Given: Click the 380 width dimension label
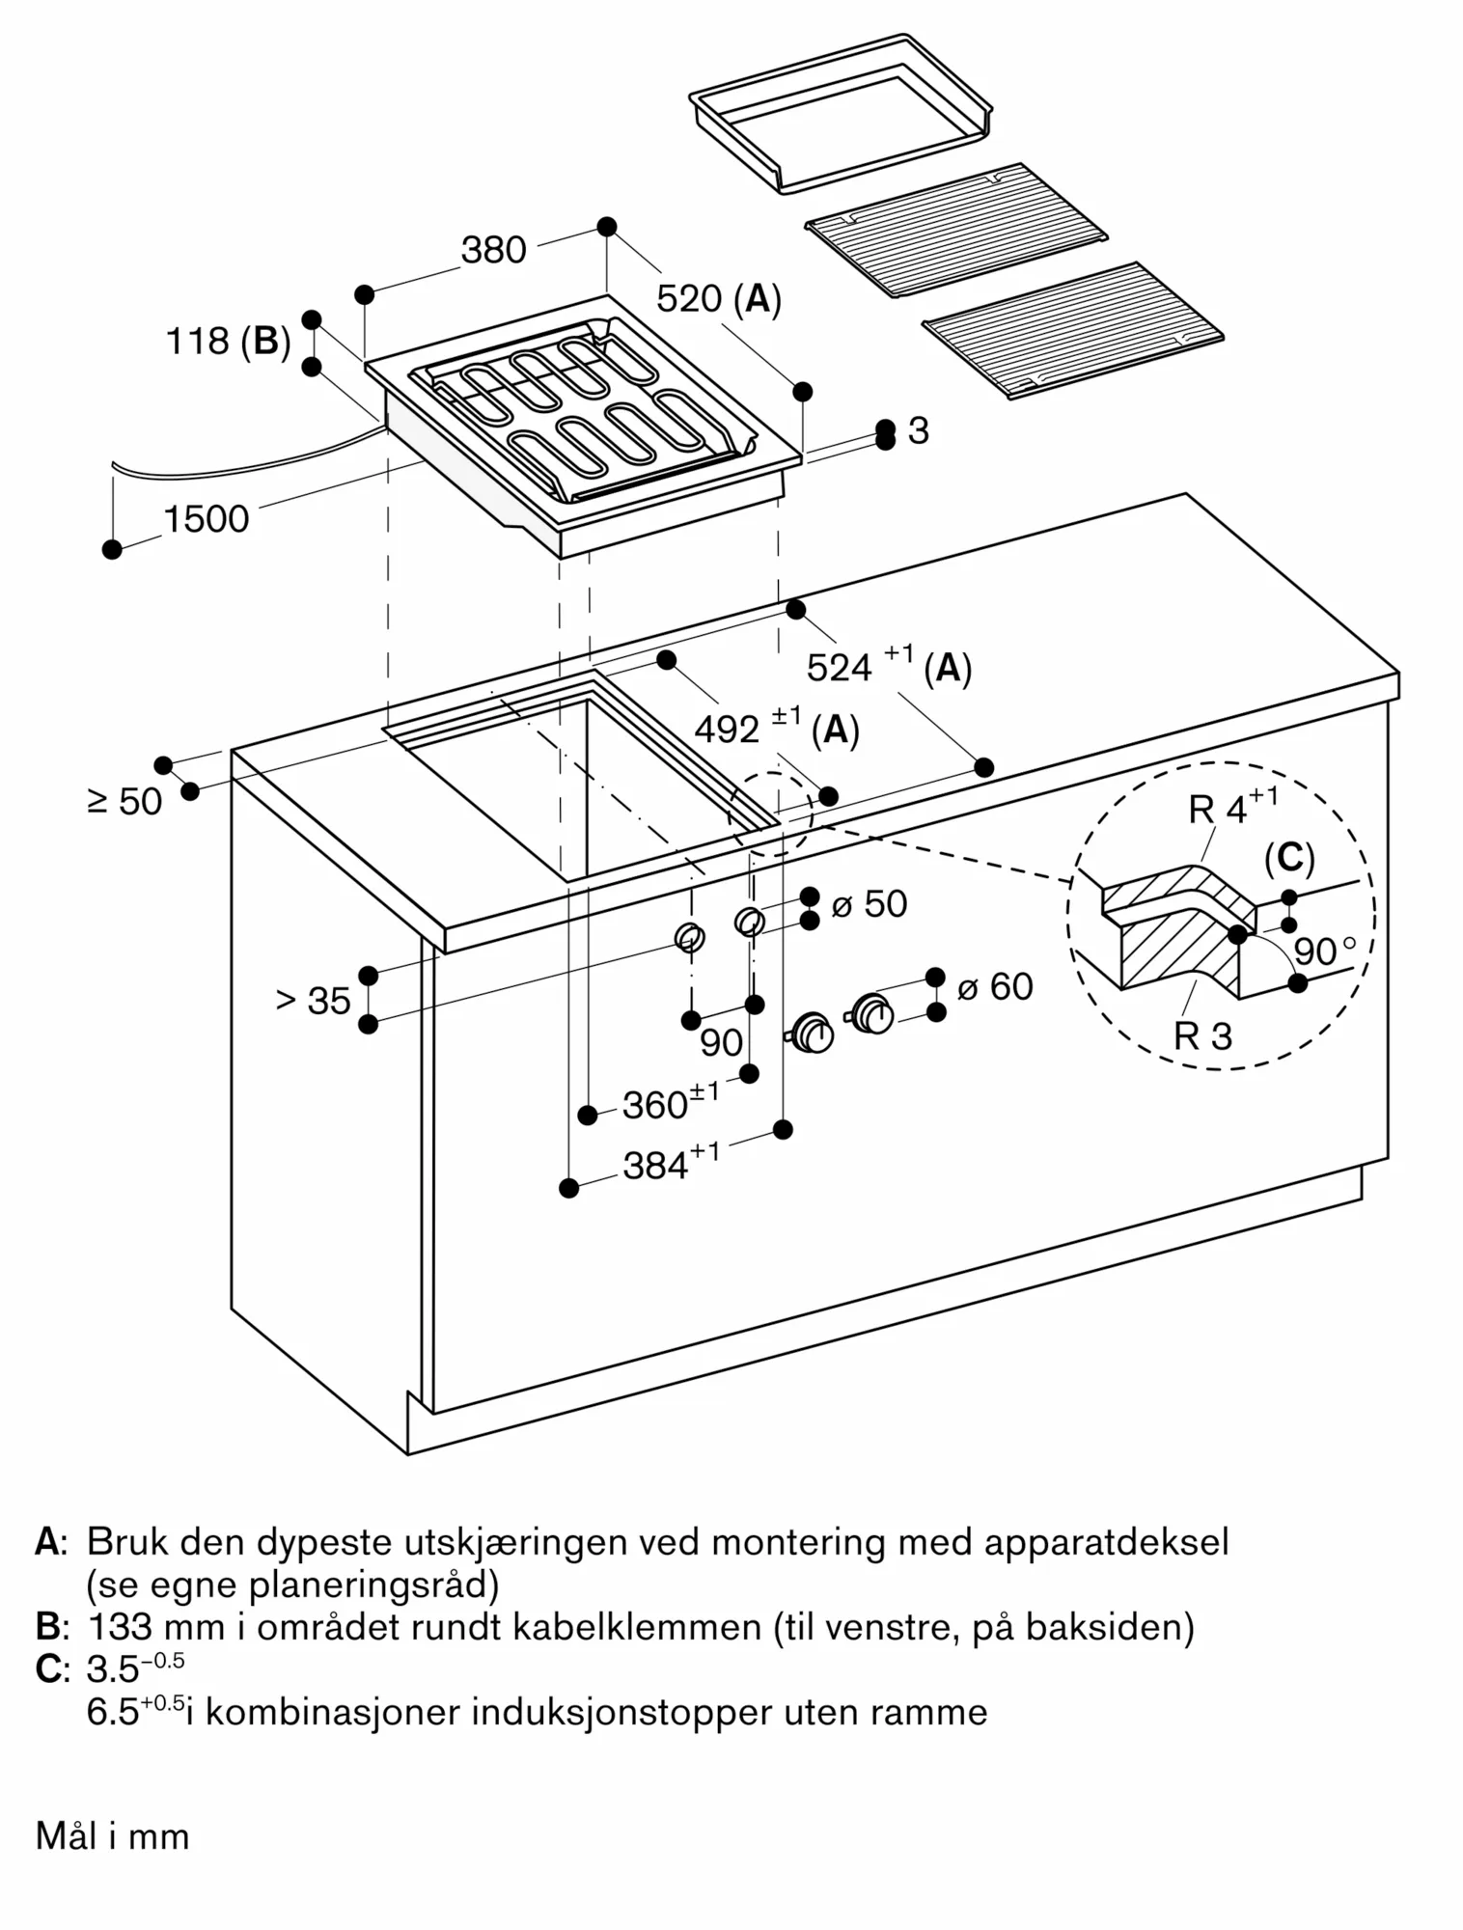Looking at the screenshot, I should (x=493, y=250).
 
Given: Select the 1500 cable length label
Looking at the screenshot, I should (x=207, y=519).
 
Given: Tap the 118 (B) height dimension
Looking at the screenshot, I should (x=229, y=342).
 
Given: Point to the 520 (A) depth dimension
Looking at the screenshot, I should (x=719, y=299).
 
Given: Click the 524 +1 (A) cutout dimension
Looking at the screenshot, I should (x=888, y=667).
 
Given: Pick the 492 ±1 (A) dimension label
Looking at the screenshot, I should (x=776, y=730).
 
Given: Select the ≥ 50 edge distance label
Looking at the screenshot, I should (x=125, y=801).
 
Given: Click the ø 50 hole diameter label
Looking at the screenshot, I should (x=870, y=904).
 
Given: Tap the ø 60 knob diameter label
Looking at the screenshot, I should (x=995, y=987).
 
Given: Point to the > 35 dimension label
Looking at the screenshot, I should (x=314, y=1001).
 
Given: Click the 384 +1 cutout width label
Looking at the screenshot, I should (x=671, y=1165).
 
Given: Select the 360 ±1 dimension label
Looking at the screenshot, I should (x=671, y=1103).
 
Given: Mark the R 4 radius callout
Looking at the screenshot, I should (x=1233, y=808).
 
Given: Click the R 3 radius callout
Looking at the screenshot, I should (x=1202, y=1036).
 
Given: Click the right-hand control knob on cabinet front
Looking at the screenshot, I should (x=873, y=1013).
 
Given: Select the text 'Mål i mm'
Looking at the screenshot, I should (x=113, y=1836).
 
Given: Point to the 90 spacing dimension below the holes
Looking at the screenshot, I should (x=722, y=1042).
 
